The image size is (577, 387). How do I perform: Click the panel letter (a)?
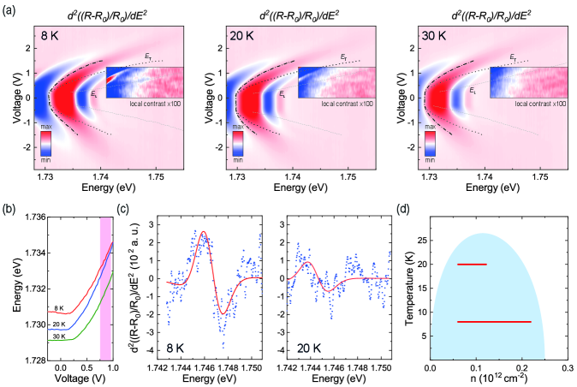(x=9, y=9)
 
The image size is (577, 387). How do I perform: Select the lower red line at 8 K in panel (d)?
(x=494, y=322)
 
